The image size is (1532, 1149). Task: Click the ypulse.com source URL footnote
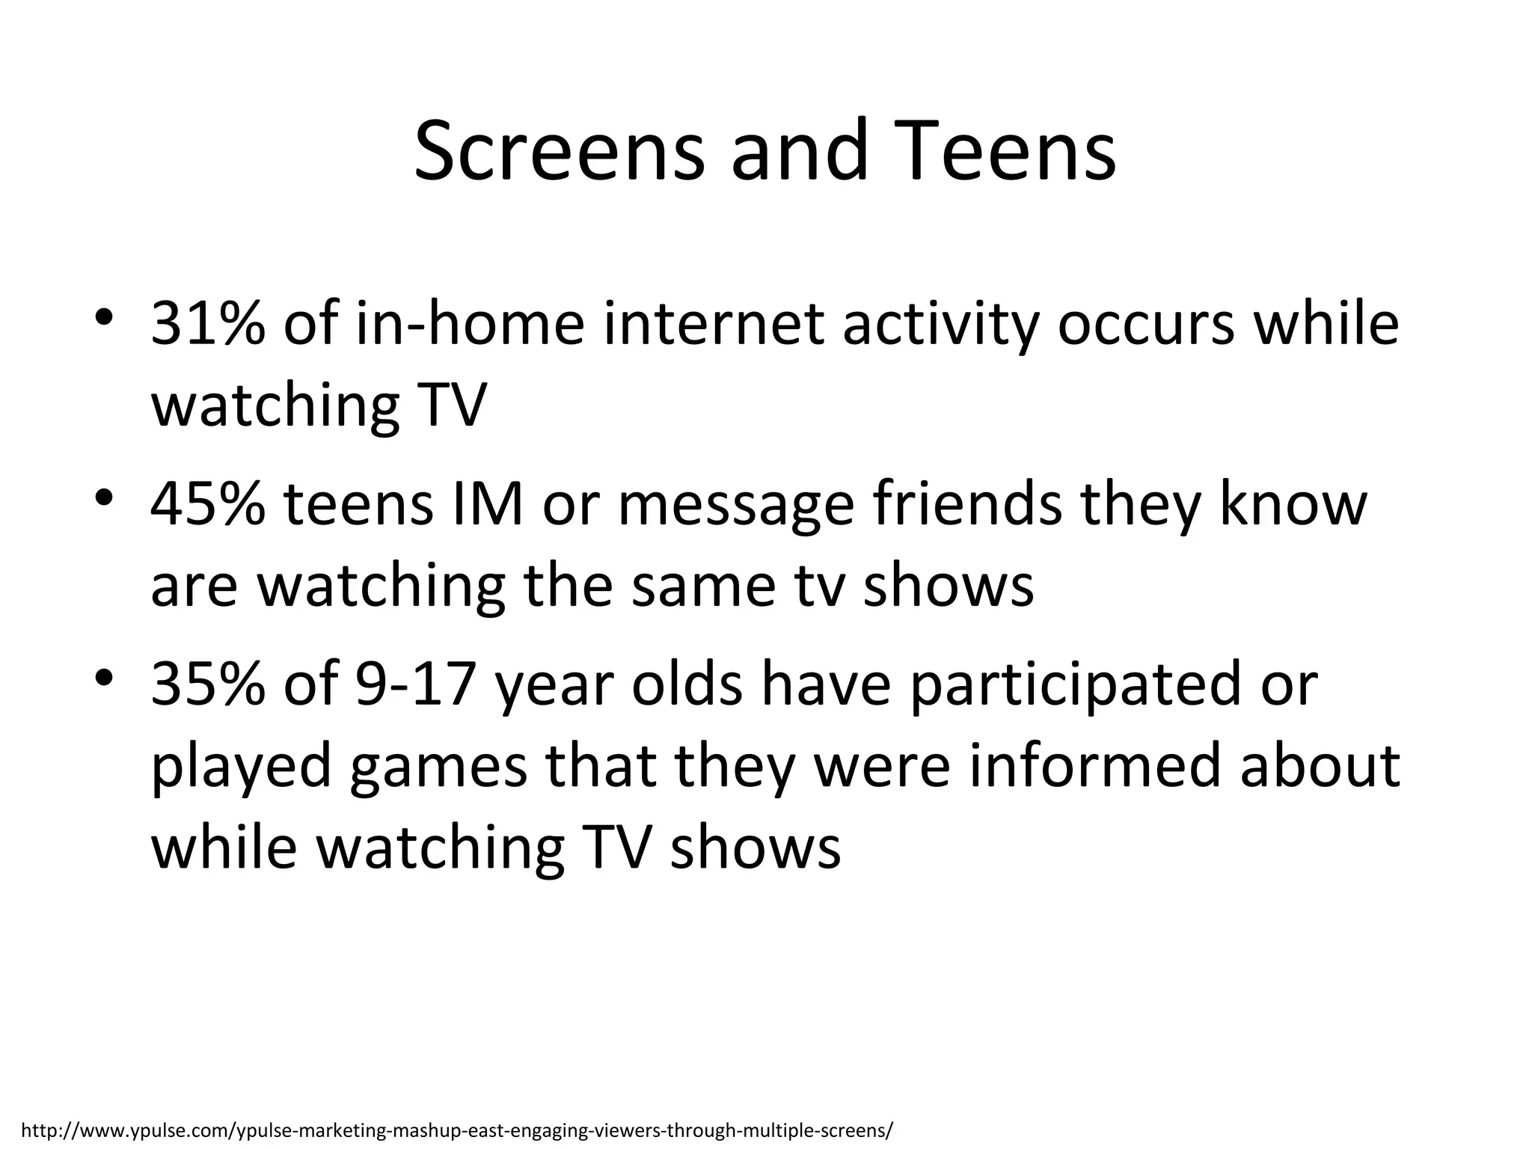click(x=457, y=1129)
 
